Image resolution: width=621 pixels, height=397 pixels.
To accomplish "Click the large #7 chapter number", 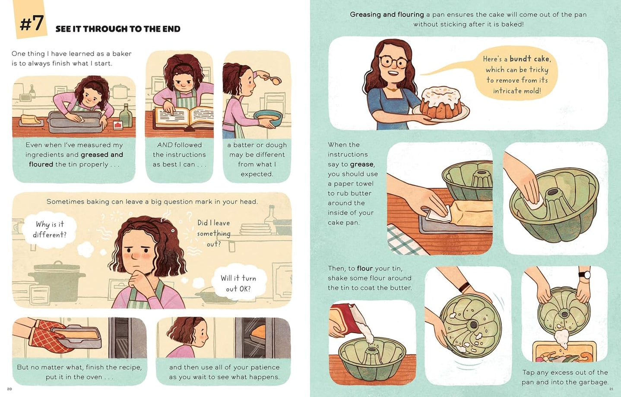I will tap(32, 23).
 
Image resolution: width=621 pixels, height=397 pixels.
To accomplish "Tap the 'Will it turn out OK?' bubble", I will tap(238, 284).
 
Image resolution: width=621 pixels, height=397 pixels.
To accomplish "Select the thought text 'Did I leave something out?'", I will tap(213, 233).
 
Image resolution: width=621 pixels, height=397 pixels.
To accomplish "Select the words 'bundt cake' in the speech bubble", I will tap(529, 59).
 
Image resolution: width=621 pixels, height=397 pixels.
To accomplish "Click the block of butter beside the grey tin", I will tap(32, 120).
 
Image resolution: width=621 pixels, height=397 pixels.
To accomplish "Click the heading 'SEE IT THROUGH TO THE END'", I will tap(118, 29).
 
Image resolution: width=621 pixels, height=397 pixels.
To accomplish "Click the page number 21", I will tap(611, 389).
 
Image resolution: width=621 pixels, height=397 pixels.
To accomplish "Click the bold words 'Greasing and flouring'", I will tap(387, 14).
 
